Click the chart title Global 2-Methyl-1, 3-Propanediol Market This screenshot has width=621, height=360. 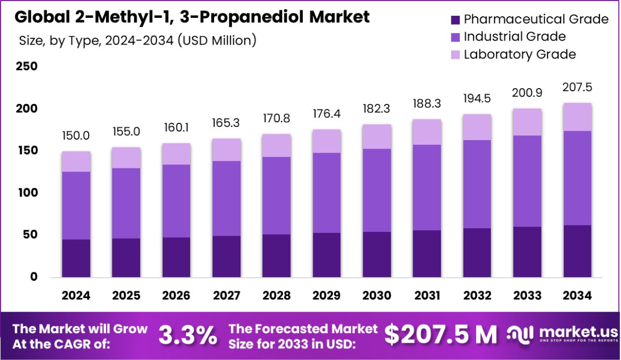point(192,17)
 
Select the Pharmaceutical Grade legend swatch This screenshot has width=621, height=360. point(455,20)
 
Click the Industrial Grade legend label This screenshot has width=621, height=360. point(514,37)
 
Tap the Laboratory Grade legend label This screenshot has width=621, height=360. point(520,54)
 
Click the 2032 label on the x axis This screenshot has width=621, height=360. point(477,295)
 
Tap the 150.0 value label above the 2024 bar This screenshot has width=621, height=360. point(76,136)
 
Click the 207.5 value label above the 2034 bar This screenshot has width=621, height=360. point(577,87)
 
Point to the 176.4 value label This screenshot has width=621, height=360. point(327,114)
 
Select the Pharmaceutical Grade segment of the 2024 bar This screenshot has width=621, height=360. point(76,258)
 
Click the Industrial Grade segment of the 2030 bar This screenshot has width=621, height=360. point(377,190)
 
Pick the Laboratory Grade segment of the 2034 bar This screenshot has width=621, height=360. point(577,117)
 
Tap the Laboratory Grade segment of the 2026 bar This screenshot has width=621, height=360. point(176,154)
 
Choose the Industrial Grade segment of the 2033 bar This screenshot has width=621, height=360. point(527,181)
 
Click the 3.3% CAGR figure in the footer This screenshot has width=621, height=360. point(188,335)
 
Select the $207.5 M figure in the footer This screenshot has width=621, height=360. point(440,335)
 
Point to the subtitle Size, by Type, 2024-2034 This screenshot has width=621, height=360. point(137,40)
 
